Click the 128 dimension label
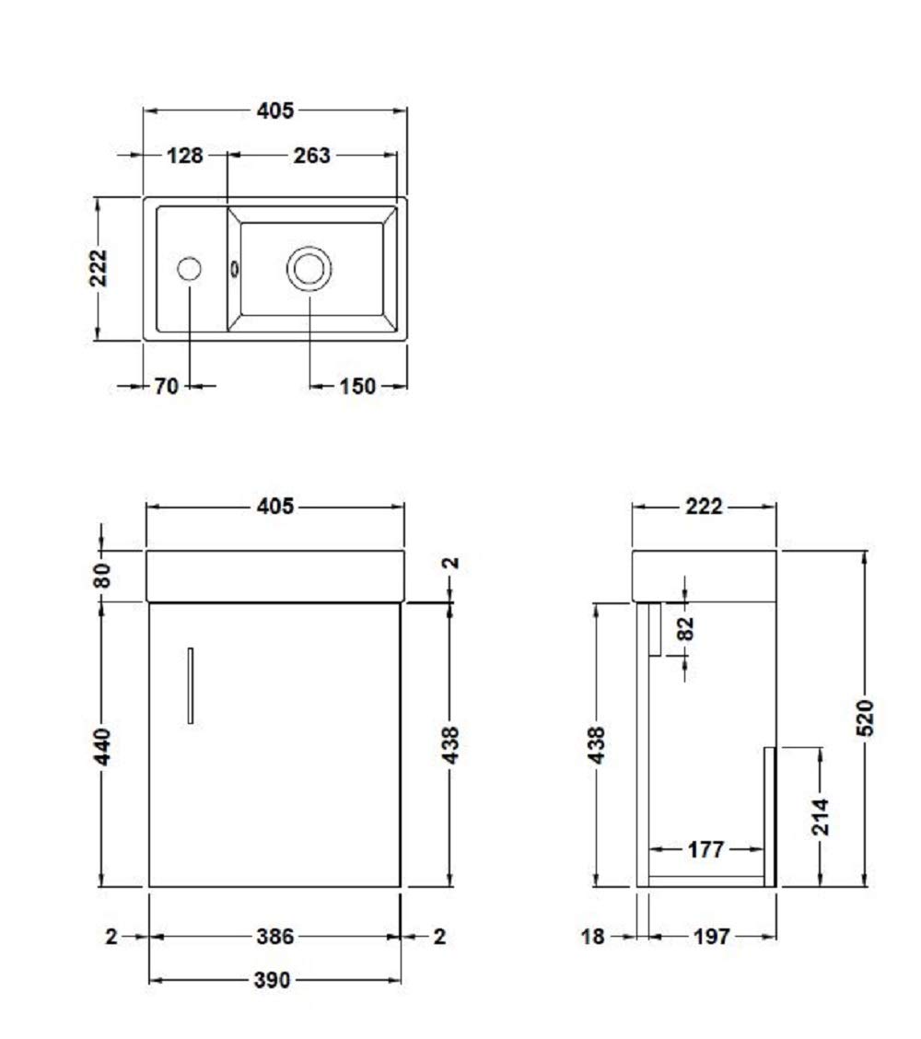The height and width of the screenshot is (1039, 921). (185, 156)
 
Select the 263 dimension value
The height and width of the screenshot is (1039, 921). (311, 156)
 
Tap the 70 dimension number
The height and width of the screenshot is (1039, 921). (167, 386)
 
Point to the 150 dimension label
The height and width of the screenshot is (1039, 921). (357, 386)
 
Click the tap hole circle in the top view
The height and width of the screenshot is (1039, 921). (190, 269)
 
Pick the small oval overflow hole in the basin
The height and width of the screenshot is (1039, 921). (234, 269)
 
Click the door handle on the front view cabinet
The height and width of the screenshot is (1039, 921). (191, 686)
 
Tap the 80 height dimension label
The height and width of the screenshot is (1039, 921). (103, 575)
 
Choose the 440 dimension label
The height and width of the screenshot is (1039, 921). (103, 746)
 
